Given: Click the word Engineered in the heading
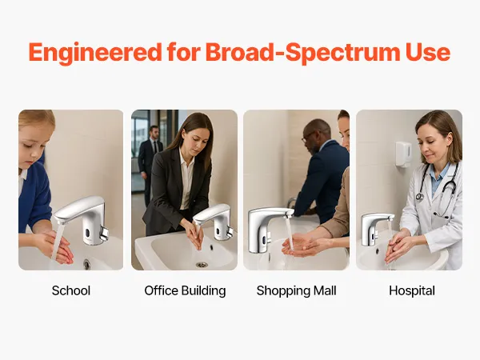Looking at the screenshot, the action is point(95,52).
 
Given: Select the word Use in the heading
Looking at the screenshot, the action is point(428,52).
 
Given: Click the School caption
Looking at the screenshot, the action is point(71,290).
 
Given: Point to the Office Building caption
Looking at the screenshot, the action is point(185,291).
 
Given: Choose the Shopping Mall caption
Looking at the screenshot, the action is point(296,291).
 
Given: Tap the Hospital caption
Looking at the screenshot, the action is point(412,291).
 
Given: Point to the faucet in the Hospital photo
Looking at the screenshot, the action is point(374,228).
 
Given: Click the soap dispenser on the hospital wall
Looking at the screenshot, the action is point(403,154).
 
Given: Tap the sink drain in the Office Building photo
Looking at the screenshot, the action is point(202,265).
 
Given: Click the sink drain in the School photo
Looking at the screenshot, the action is point(87,265).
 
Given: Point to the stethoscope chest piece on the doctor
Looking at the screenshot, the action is point(419,197).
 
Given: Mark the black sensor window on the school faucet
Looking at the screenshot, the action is point(87,234).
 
